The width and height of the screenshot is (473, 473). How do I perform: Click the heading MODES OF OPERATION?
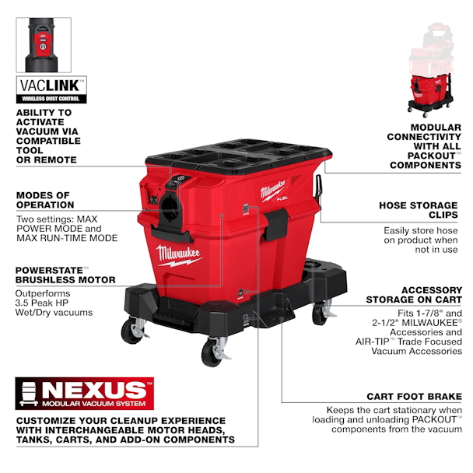45,200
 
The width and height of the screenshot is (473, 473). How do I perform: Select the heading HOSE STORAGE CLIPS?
419,210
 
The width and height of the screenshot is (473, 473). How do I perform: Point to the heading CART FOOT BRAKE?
414,397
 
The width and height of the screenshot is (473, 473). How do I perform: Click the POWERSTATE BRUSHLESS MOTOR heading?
65,275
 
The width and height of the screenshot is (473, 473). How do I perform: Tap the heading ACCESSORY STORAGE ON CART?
414,295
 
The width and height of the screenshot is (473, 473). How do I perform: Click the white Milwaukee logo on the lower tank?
178,255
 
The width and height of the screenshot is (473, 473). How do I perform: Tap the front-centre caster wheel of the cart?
213,352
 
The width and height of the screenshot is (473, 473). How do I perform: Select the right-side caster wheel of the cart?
322,313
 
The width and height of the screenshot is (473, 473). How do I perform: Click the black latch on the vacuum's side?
276,225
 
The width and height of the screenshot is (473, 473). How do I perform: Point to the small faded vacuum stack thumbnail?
431,70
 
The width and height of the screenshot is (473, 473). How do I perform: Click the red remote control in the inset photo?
43,45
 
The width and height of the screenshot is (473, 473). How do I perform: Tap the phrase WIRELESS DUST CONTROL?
51,99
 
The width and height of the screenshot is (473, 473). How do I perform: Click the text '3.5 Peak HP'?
42,303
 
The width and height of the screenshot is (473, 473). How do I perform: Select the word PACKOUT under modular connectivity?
432,156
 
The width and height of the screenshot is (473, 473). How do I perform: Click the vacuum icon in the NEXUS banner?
29,394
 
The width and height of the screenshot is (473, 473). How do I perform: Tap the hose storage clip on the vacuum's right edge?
319,186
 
